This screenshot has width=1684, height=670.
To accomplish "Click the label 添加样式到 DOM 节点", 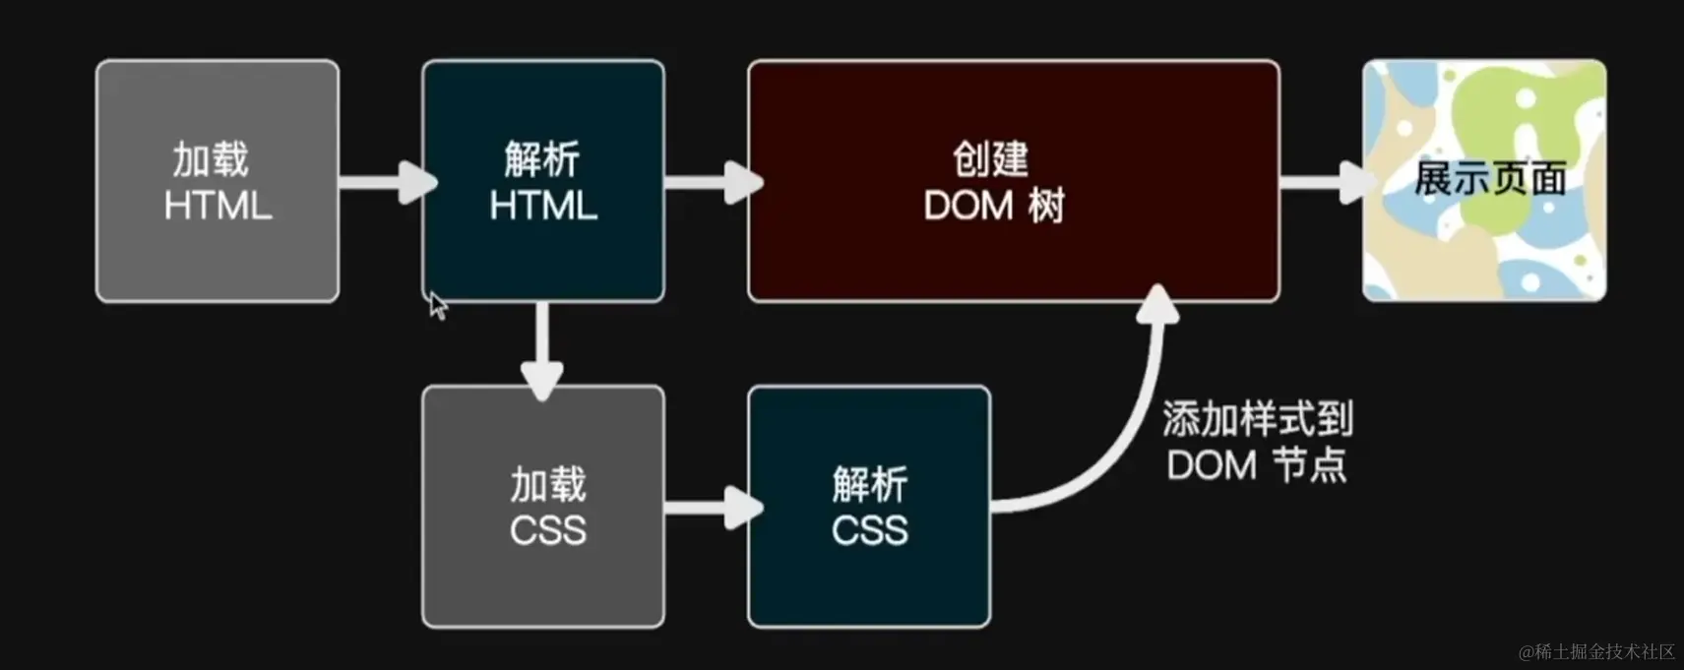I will click(x=1257, y=442).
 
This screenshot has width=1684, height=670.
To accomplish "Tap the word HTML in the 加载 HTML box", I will click(x=218, y=207).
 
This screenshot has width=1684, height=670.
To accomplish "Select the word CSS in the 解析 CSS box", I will click(x=869, y=531).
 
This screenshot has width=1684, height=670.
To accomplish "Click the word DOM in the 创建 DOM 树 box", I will click(x=968, y=207).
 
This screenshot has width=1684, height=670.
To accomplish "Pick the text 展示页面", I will click(x=1489, y=179).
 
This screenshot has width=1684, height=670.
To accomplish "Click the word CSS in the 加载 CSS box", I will click(x=548, y=531).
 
